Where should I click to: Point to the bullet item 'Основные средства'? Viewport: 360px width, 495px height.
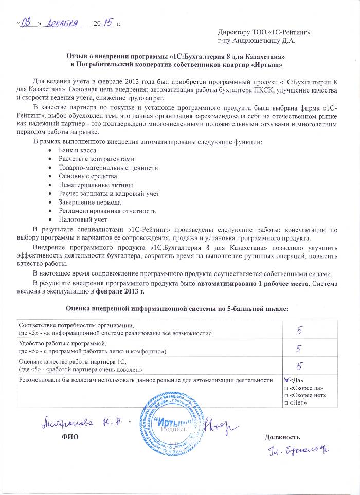tap(84, 176)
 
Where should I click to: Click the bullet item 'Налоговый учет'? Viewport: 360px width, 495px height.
tap(79, 219)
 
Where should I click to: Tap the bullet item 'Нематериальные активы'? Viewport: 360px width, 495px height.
tap(92, 185)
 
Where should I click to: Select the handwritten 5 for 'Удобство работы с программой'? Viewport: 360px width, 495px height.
tap(298, 348)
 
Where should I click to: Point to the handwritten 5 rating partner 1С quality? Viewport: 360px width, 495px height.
tap(298, 366)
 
